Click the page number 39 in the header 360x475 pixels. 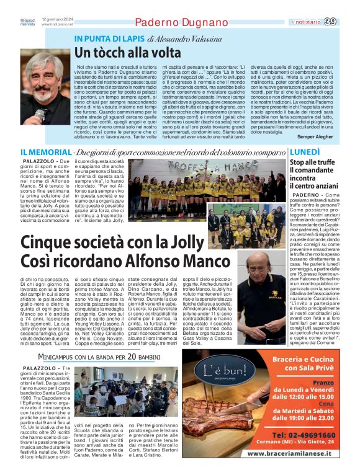348,22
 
